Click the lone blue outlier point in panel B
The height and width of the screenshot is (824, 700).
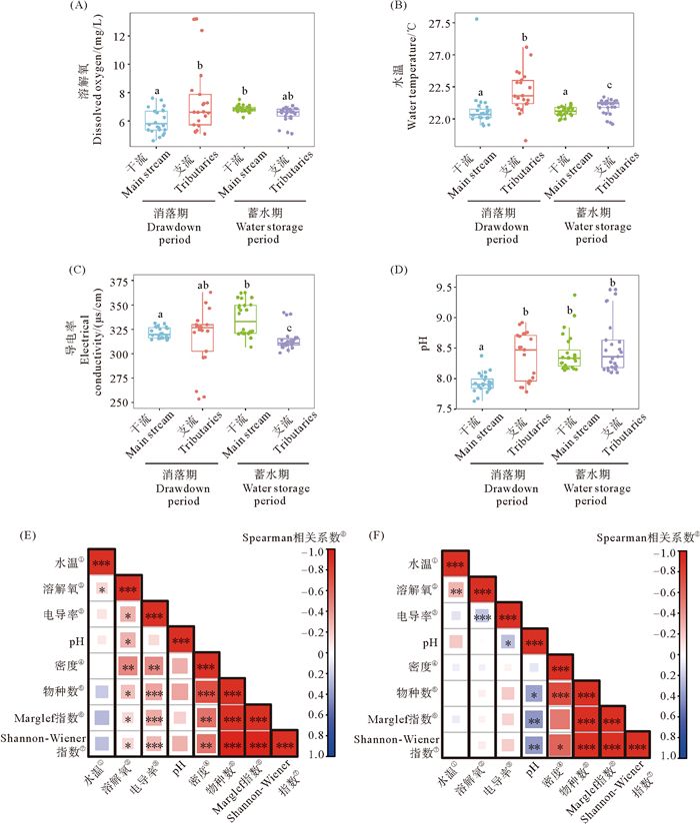point(477,19)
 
